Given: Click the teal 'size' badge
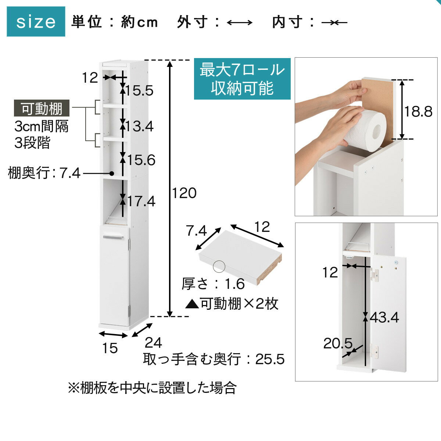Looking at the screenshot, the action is [x=36, y=22].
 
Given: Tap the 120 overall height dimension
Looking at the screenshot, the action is [x=184, y=193].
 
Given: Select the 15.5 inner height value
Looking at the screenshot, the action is [x=139, y=91].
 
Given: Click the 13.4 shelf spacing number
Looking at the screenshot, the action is [x=139, y=126].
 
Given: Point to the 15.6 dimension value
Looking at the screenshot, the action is [x=141, y=160].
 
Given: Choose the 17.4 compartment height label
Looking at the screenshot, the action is [x=141, y=201].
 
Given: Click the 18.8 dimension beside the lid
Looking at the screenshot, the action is [x=418, y=112].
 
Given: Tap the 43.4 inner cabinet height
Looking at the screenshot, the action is [x=384, y=318].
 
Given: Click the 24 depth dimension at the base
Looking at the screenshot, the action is [x=153, y=343].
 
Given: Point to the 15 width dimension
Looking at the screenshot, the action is [x=110, y=348].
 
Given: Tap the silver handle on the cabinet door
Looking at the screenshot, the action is [x=113, y=237].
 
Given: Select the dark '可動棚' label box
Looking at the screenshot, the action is [x=42, y=108].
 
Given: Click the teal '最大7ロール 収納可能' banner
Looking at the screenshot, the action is [x=242, y=79].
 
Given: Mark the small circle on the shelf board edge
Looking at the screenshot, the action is [x=219, y=266].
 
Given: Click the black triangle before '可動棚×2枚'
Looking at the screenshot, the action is [x=192, y=305].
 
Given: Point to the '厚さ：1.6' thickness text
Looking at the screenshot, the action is [x=213, y=284].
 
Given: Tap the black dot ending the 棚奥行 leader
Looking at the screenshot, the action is [x=112, y=173].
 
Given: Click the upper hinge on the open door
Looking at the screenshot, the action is [x=374, y=274].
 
